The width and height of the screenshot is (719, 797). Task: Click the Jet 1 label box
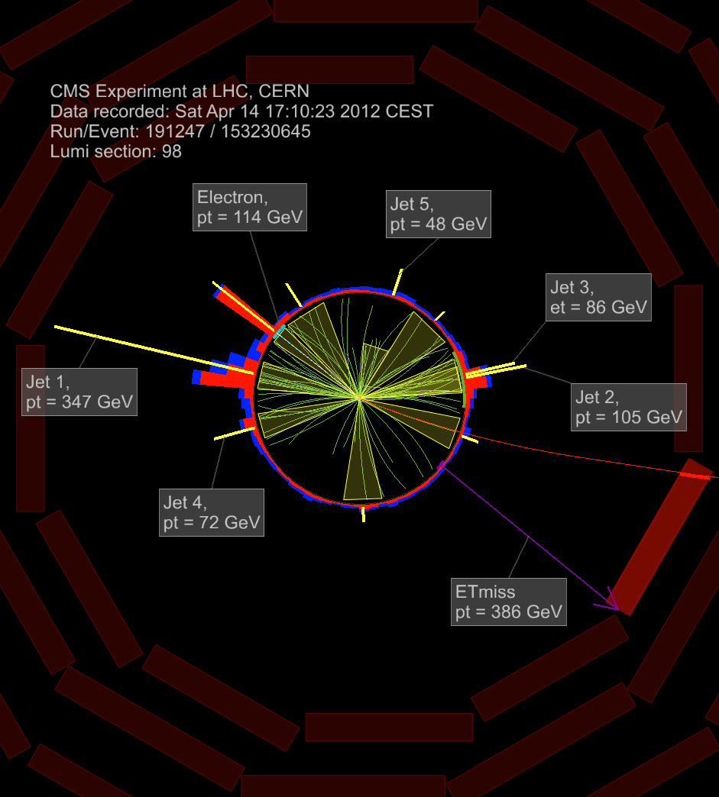[79, 392]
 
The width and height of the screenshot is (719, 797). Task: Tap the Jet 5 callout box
[438, 214]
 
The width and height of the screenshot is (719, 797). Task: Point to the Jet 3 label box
[599, 297]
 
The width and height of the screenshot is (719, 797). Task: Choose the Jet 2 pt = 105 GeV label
[630, 407]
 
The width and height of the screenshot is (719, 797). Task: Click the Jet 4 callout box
[212, 512]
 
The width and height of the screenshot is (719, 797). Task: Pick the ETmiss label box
[508, 602]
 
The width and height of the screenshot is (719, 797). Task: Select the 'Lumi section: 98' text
[116, 151]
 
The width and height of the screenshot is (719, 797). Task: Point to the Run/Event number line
[180, 131]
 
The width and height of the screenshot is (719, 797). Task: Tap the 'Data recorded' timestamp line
[241, 111]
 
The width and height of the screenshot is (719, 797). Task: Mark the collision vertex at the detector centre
[359, 397]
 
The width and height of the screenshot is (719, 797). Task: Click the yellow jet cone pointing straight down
[362, 473]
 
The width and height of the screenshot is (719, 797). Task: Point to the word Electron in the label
[232, 197]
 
